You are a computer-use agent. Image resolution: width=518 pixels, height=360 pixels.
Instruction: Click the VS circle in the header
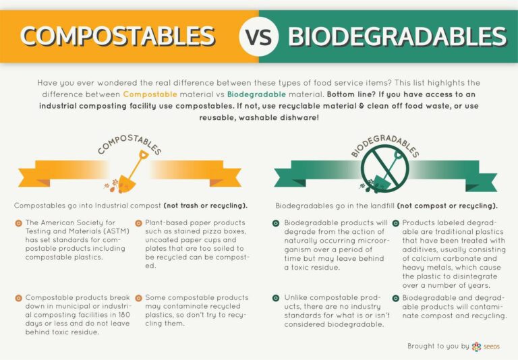tap(259, 36)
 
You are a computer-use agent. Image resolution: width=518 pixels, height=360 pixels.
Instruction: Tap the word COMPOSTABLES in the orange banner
tap(117, 36)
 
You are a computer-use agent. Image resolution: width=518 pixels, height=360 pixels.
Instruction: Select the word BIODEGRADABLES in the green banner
tap(397, 36)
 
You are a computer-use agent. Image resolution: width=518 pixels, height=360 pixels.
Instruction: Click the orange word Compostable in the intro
tap(150, 94)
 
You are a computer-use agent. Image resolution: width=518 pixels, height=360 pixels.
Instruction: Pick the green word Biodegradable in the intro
tap(256, 94)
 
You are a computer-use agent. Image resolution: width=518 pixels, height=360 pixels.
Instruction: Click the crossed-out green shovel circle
tap(385, 169)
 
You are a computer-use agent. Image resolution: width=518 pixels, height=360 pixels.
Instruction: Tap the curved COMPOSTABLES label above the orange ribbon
tap(129, 143)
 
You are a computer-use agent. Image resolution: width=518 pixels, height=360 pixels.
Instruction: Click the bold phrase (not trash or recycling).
tap(205, 206)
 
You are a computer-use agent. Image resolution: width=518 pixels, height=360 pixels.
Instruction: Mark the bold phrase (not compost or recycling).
tap(447, 206)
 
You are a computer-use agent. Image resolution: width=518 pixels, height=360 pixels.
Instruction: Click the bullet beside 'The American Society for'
tap(18, 223)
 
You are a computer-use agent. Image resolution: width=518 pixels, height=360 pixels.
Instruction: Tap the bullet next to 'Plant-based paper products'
tap(139, 223)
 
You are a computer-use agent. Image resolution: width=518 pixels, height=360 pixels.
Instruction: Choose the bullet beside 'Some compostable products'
tap(139, 298)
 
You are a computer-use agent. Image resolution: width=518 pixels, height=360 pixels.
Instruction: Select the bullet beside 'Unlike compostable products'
tap(276, 298)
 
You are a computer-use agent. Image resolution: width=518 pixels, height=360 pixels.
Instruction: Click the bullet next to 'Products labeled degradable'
tap(396, 223)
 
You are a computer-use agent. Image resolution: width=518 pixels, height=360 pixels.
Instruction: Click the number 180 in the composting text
tap(123, 315)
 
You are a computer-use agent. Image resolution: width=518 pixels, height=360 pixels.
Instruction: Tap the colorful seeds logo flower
tap(476, 347)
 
